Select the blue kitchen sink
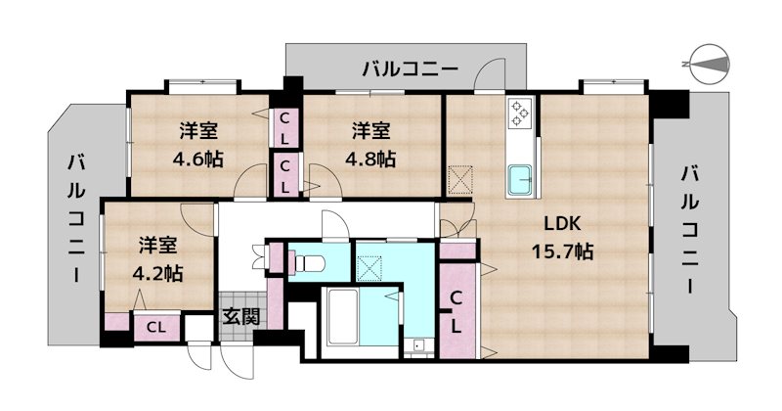tap(519, 180)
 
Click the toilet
tap(310, 263)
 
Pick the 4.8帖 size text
tap(372, 157)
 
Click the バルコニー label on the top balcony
tap(409, 69)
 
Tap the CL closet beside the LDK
tap(456, 311)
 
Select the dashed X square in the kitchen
tap(460, 180)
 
